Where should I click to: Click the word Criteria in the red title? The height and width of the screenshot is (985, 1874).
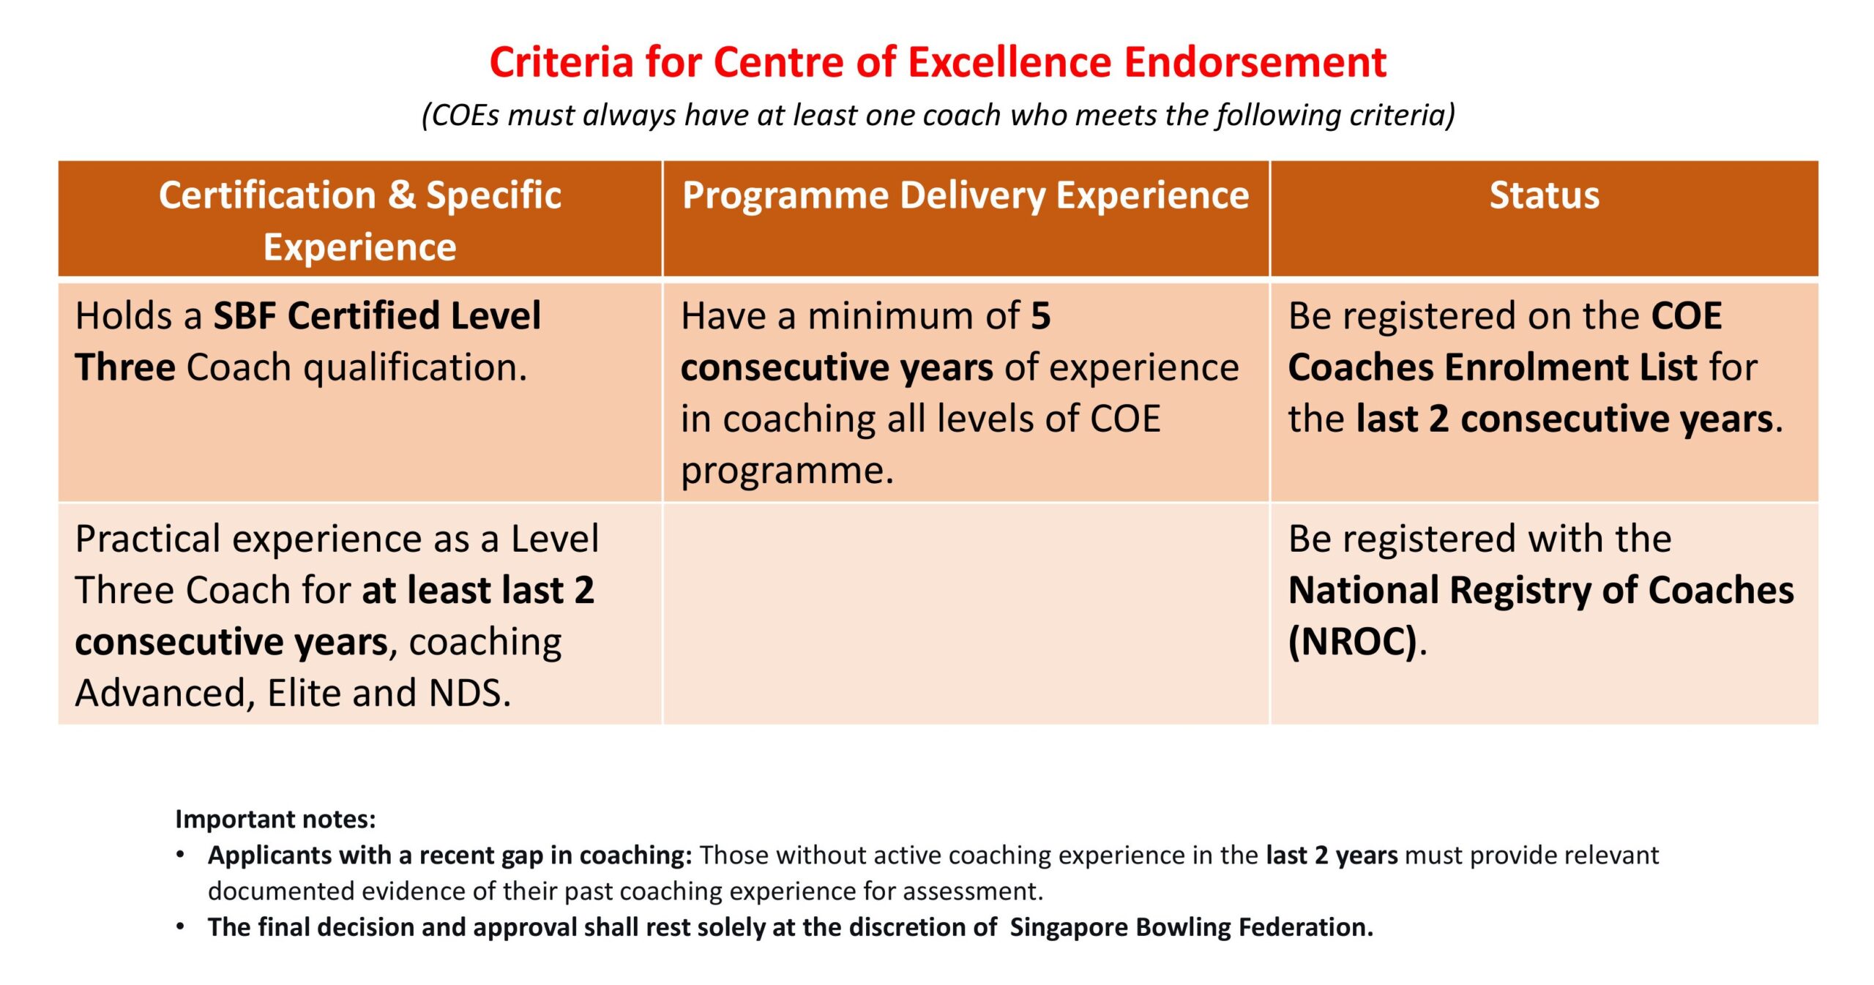(561, 62)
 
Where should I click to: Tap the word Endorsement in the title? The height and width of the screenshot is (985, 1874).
(1255, 62)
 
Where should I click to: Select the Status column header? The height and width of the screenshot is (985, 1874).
(1545, 195)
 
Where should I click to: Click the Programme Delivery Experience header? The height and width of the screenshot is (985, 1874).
(966, 196)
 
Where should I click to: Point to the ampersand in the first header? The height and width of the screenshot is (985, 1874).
(400, 195)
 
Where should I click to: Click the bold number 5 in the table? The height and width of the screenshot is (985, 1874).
(1040, 316)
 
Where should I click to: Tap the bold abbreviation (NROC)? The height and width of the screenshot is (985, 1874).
(1353, 642)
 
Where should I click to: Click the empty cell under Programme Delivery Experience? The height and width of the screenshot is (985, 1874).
(966, 613)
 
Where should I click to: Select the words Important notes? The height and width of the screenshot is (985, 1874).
(275, 819)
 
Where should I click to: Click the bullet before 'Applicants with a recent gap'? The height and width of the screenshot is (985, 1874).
(180, 855)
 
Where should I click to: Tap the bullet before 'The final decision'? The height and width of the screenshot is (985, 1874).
(180, 926)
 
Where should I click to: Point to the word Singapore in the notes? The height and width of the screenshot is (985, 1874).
(1069, 928)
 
